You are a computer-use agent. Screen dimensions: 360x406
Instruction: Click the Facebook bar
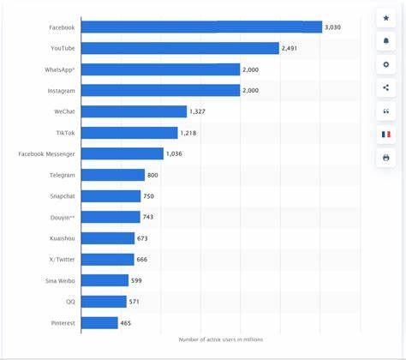(201, 27)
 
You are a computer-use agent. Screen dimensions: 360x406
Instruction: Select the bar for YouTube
(180, 48)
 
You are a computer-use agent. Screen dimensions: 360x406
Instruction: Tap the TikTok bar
(129, 132)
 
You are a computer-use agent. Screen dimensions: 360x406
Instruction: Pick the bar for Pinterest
(99, 323)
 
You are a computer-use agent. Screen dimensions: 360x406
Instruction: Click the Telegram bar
(112, 175)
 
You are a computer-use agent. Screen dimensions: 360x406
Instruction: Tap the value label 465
(128, 323)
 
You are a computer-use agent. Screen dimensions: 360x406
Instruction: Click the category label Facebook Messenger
(47, 153)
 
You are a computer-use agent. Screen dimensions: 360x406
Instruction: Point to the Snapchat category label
(60, 196)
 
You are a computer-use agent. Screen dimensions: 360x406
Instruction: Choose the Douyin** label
(61, 217)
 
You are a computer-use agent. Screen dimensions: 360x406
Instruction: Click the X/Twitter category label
(61, 260)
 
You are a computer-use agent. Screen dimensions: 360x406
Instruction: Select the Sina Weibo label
(59, 280)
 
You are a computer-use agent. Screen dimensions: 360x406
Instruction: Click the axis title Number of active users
(221, 340)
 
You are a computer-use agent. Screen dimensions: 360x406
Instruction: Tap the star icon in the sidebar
(385, 18)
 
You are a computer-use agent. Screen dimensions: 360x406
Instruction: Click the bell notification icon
(385, 41)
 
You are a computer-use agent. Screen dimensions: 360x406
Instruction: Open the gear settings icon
(385, 64)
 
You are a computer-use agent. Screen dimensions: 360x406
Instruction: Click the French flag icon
(385, 134)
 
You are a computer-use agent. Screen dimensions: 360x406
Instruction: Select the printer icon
(385, 158)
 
